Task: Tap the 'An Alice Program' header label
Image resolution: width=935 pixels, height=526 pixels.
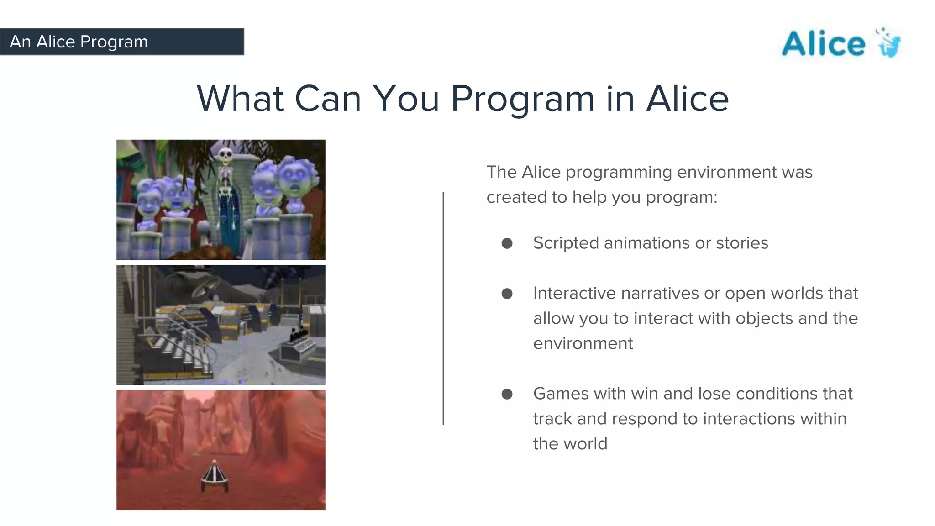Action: tap(79, 42)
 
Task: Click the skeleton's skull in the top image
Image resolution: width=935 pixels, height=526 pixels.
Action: tap(225, 155)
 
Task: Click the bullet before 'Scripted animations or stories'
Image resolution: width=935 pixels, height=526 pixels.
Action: tap(507, 243)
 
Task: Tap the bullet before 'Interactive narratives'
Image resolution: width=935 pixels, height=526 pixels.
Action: tap(507, 294)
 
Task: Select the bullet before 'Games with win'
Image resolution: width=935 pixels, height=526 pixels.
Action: tap(507, 394)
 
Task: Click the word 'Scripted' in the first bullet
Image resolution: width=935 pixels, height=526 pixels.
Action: tap(566, 243)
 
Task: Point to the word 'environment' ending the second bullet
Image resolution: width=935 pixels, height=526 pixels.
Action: tap(583, 343)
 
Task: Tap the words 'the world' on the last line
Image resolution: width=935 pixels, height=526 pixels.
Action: tap(570, 444)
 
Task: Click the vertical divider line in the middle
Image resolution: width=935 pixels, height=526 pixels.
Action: tap(443, 308)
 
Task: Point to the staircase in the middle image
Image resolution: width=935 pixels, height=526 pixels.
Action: tap(183, 347)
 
